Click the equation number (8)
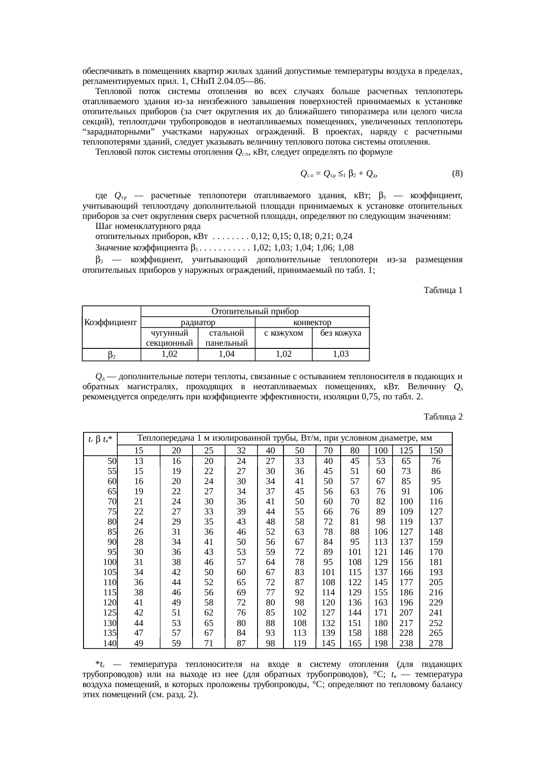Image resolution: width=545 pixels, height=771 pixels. (x=457, y=174)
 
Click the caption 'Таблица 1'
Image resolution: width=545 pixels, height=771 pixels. (x=443, y=290)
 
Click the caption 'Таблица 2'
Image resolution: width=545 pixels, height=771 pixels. (x=443, y=416)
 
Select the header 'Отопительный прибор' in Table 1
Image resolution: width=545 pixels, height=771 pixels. (x=255, y=311)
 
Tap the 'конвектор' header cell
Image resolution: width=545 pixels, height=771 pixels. (x=312, y=322)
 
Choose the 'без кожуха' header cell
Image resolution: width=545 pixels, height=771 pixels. (x=341, y=333)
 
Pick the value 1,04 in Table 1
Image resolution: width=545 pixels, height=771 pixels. (x=226, y=354)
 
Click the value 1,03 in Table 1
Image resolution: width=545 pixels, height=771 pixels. (x=341, y=354)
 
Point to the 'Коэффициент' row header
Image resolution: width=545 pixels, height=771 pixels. (x=111, y=322)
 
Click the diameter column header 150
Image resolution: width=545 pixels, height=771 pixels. (x=436, y=450)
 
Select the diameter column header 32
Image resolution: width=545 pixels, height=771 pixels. (x=241, y=450)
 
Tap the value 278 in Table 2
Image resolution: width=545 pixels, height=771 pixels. (x=436, y=644)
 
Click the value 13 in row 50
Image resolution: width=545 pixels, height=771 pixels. (x=138, y=461)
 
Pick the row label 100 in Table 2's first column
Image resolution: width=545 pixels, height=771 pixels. (x=110, y=562)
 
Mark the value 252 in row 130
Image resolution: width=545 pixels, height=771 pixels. (x=436, y=623)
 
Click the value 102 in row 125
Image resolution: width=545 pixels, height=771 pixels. (x=299, y=613)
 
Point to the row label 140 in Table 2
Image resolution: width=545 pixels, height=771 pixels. (x=110, y=644)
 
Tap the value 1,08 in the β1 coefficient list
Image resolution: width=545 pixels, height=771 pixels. (x=346, y=247)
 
